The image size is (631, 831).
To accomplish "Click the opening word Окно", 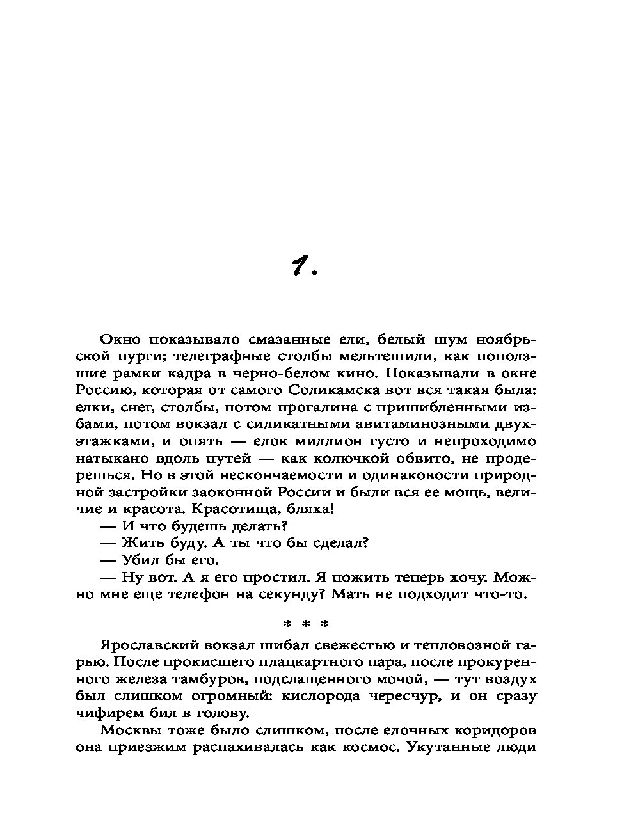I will click(120, 339).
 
